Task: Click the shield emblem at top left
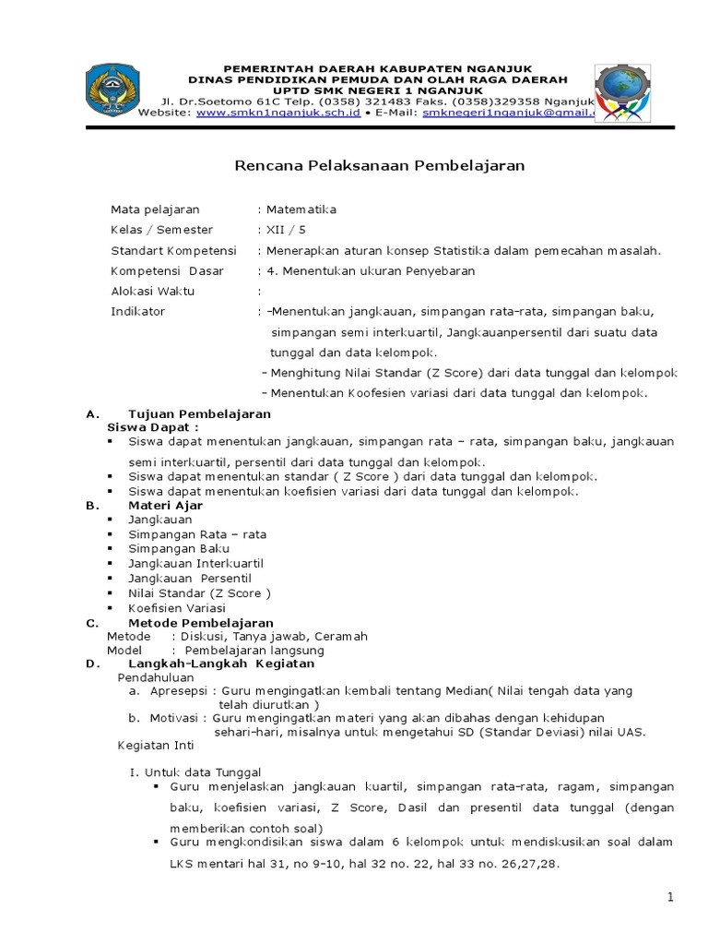pyautogui.click(x=112, y=90)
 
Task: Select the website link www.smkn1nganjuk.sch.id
pyautogui.click(x=278, y=113)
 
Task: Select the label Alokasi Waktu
pyautogui.click(x=152, y=291)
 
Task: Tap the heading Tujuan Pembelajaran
pyautogui.click(x=199, y=413)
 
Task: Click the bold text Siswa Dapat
pyautogui.click(x=152, y=427)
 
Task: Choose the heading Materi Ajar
pyautogui.click(x=165, y=506)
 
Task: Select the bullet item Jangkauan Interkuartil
pyautogui.click(x=196, y=563)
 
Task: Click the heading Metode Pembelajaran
pyautogui.click(x=200, y=623)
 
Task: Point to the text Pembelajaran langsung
pyautogui.click(x=254, y=650)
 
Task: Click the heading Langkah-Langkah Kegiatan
pyautogui.click(x=221, y=664)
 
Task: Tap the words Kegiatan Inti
pyautogui.click(x=156, y=745)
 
